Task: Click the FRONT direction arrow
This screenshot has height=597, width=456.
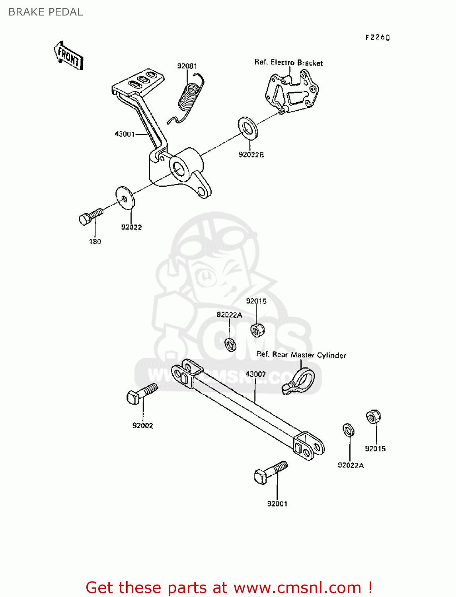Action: point(68,56)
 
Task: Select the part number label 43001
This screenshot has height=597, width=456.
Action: point(125,134)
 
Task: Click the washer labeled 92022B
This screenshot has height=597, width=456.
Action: point(248,128)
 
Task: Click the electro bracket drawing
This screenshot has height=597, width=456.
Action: point(292,92)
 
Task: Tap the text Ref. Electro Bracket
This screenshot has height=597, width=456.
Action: point(288,62)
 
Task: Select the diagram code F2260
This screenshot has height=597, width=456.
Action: point(378,37)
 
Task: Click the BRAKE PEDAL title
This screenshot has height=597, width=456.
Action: point(46,12)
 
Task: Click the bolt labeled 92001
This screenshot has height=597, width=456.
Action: point(270,472)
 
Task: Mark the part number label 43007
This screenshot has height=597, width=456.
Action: point(255,374)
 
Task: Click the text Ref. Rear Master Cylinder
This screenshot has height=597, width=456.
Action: point(301,355)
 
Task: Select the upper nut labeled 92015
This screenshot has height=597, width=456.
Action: point(257,330)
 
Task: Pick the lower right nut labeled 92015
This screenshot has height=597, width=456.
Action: point(373,417)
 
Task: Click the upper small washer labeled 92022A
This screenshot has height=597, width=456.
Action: point(230,344)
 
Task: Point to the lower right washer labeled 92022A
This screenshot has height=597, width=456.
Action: point(349,430)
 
